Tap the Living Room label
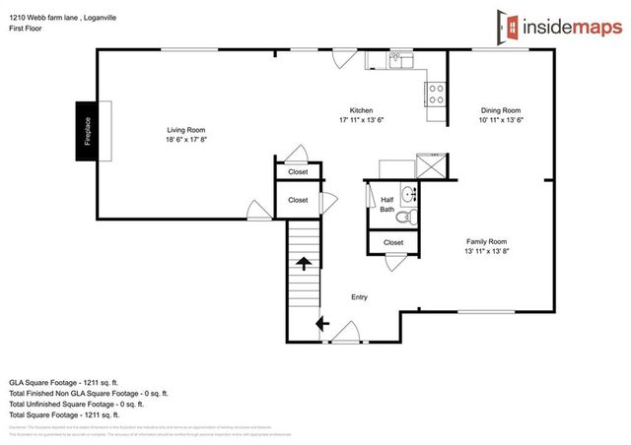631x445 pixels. click(x=185, y=130)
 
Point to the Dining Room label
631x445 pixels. click(x=500, y=110)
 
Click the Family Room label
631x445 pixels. click(x=486, y=241)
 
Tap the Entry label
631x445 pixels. click(x=359, y=296)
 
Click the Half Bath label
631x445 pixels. click(x=386, y=204)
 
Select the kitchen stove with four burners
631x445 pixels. click(x=436, y=94)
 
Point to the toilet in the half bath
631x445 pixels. click(x=413, y=216)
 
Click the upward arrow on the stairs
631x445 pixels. click(x=304, y=262)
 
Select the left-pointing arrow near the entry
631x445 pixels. click(x=321, y=322)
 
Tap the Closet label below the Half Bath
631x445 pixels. click(x=392, y=242)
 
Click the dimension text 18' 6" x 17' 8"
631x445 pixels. click(x=185, y=140)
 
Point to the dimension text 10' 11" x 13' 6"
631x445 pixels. click(x=499, y=120)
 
